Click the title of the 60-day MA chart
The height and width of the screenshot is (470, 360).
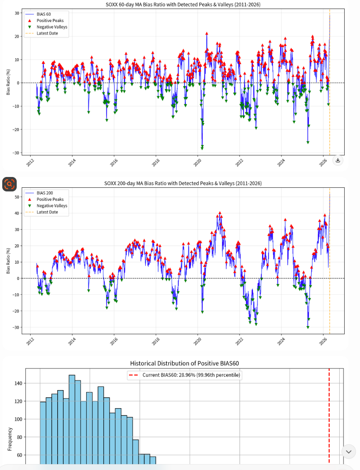pos(183,5)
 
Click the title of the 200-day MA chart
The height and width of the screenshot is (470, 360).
pos(183,183)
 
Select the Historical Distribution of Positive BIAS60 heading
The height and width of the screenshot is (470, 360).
pos(185,363)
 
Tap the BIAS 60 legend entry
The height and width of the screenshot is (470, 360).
pos(44,14)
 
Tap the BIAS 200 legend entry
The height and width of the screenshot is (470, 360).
pos(45,193)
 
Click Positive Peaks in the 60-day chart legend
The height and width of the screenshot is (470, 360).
pos(50,21)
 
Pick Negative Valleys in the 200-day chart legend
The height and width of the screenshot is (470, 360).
pos(52,205)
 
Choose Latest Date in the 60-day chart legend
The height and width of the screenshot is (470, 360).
pos(47,33)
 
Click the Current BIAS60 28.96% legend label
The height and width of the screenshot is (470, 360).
pos(191,375)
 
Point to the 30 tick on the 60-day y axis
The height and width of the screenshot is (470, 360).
pos(17,13)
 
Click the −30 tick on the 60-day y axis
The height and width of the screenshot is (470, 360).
pos(16,153)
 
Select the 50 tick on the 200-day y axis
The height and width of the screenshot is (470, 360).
pos(17,197)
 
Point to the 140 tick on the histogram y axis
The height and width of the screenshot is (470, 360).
pos(18,383)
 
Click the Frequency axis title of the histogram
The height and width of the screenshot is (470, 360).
pos(10,439)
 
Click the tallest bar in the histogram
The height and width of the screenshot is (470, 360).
pos(72,419)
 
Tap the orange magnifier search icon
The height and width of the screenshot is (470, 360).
pos(9,184)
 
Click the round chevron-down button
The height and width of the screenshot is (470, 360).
pos(349,451)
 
